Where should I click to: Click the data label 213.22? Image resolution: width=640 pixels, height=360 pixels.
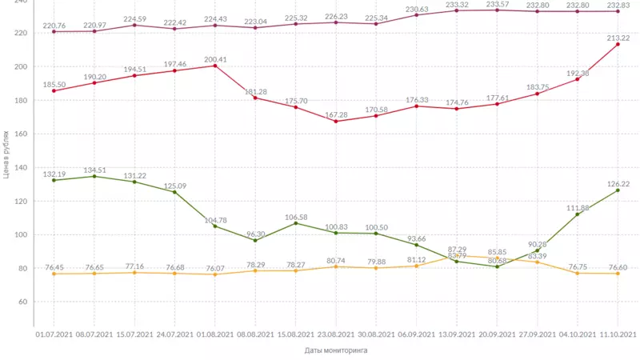618,38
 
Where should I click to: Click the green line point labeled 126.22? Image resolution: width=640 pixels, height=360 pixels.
618,190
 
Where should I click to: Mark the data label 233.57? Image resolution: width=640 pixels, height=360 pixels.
497,4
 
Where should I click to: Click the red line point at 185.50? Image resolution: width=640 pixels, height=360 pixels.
54,90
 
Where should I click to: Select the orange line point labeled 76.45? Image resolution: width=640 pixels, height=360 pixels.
54,274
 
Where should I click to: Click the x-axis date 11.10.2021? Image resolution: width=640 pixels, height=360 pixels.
618,334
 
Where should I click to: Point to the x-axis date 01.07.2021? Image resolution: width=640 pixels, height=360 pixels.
54,334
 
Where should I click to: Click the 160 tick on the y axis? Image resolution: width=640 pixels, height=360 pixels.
21,134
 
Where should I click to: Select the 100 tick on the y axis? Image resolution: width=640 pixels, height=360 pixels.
21,234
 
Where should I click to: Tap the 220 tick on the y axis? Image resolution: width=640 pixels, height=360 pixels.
21,33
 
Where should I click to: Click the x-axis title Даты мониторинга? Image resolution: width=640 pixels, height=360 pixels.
336,350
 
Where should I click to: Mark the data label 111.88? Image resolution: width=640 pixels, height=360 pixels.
577,208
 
